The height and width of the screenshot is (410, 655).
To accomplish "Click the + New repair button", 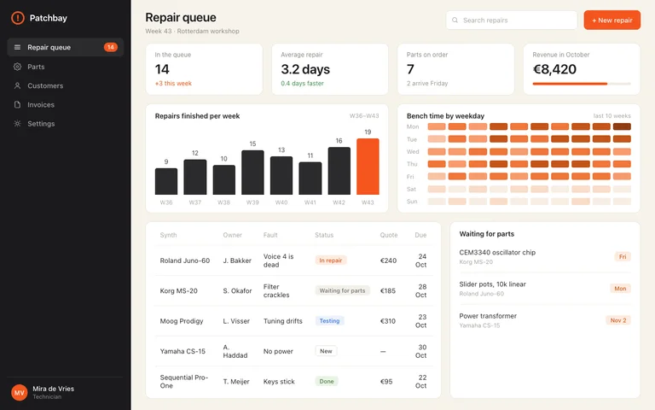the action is pos(612,20).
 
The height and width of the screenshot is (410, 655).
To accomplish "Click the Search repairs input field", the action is pos(512,20).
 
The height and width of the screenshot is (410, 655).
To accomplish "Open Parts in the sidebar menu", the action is pos(36,67).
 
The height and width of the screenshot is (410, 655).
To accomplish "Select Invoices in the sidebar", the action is pos(41,104).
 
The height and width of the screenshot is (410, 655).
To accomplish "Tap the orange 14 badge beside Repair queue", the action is pos(111,47).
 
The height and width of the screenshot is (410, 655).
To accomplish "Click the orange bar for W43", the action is pos(368,167).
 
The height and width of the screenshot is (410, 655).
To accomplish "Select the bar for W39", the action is pos(252,173).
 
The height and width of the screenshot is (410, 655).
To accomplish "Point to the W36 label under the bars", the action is pos(166,202).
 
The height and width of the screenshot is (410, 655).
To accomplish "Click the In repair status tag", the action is pos(330,261).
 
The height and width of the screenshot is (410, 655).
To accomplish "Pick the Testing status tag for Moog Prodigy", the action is pos(329,321).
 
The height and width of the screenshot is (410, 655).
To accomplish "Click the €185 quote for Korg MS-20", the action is pos(388,290).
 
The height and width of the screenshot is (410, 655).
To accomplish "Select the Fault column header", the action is pos(270,235).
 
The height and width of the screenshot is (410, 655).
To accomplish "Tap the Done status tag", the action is pos(327,381).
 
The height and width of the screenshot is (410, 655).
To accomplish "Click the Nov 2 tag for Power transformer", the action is pos(618,320).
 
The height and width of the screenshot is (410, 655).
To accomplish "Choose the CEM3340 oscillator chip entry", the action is pos(497,252).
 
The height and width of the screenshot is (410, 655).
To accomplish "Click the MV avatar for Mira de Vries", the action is pos(20,392).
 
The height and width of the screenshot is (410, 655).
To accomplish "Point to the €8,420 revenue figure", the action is pos(554,69).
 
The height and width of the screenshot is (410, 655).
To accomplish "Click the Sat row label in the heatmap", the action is pos(411,189).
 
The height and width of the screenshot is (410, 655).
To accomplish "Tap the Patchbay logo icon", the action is pos(18,18).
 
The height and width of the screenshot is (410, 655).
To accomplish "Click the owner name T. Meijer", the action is pos(236,382).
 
